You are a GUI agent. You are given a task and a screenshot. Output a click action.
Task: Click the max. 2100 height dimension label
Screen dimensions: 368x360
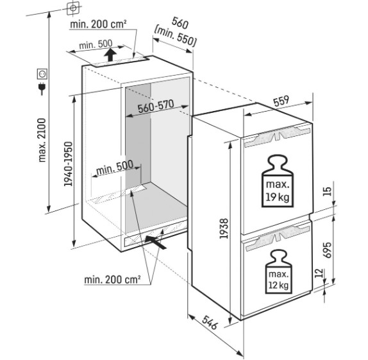(x=42, y=141)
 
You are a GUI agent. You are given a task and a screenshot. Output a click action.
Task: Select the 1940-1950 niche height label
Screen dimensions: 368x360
(x=69, y=164)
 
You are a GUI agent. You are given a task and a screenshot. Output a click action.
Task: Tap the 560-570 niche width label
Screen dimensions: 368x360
(x=156, y=107)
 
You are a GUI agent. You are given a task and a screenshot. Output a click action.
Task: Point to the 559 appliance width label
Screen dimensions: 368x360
(x=281, y=101)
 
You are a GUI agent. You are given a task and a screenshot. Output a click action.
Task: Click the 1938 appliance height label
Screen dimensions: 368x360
(x=224, y=228)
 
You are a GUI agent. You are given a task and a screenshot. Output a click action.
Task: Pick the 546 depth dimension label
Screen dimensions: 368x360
(x=210, y=322)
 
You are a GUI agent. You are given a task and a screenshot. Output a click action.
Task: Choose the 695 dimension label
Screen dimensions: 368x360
(x=328, y=250)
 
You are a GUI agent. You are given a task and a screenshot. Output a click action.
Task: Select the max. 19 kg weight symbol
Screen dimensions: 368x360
(x=278, y=181)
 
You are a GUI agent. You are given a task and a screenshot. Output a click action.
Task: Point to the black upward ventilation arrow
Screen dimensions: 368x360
(x=110, y=55)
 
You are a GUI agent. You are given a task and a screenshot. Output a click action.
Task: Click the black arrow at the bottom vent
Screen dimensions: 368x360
(x=155, y=242)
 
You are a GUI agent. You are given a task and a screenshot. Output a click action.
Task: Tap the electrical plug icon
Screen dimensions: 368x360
(x=42, y=88)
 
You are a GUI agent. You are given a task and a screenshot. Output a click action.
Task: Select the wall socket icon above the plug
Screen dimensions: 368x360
(x=42, y=74)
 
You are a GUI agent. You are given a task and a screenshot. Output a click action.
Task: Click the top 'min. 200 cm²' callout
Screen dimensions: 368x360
(x=98, y=24)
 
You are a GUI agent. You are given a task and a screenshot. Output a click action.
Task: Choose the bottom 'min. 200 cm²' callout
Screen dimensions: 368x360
(x=112, y=280)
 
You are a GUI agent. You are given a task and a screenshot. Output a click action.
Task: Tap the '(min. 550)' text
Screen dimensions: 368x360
(x=175, y=37)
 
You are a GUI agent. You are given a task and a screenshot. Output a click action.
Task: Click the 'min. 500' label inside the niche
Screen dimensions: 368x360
(x=115, y=167)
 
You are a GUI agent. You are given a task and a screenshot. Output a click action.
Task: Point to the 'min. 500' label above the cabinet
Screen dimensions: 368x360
(x=96, y=44)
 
